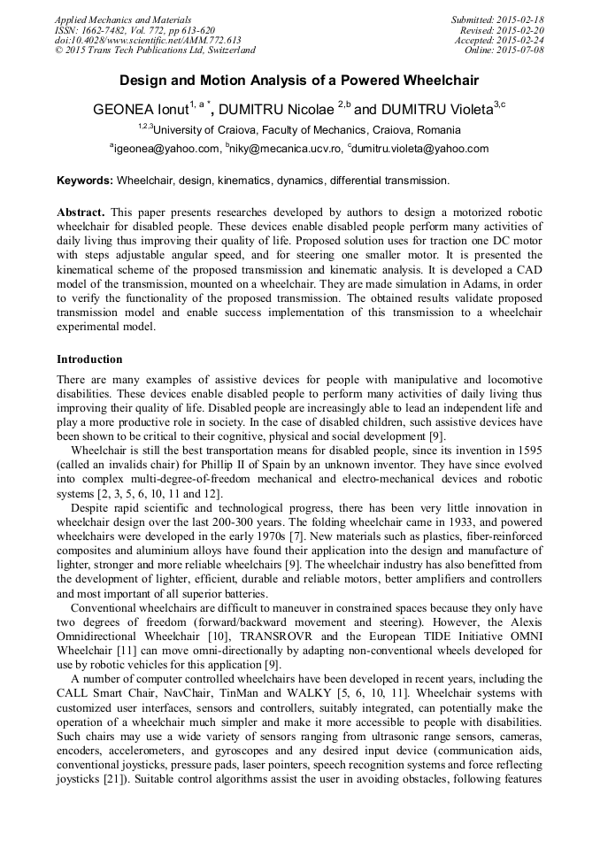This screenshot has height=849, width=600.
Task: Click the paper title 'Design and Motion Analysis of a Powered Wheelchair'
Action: point(299,81)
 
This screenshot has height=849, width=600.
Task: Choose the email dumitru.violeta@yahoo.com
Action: point(419,149)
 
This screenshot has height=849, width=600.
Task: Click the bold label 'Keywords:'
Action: point(85,180)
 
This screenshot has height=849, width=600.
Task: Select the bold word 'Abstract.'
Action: point(81,214)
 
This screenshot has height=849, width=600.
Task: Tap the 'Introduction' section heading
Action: point(89,359)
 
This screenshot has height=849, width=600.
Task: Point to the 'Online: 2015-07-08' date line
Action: point(504,50)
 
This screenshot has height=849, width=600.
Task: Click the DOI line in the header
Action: point(148,40)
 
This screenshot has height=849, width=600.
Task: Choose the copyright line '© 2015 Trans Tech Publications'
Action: point(155,50)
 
